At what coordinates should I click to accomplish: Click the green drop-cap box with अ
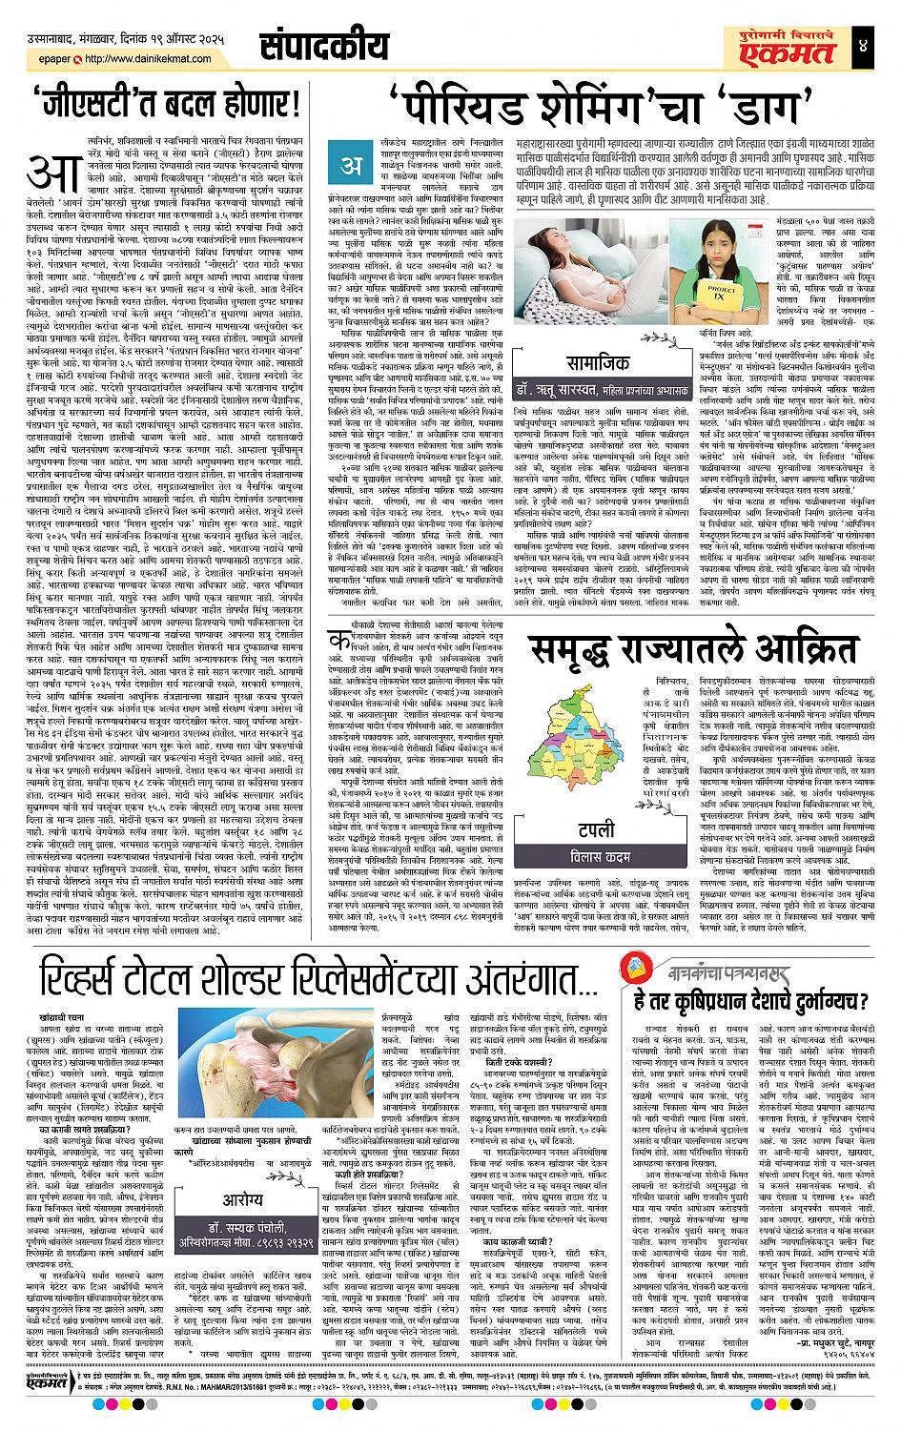(352, 165)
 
